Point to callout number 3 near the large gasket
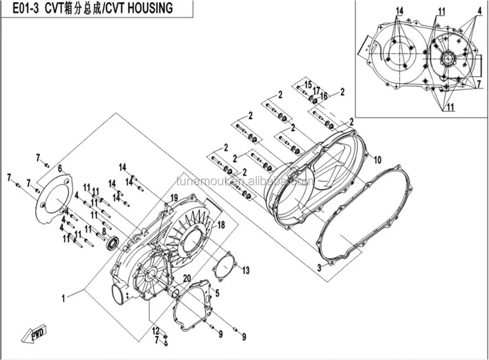(x=318, y=268)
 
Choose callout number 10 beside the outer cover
(x=378, y=159)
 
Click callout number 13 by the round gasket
(x=245, y=270)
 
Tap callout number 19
(x=174, y=198)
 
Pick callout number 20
(x=186, y=278)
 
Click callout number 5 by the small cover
(x=217, y=293)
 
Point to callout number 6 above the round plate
(x=60, y=168)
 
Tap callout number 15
(x=308, y=85)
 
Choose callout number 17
(x=316, y=90)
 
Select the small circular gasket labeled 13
(x=224, y=266)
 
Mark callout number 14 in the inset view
(x=400, y=11)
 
